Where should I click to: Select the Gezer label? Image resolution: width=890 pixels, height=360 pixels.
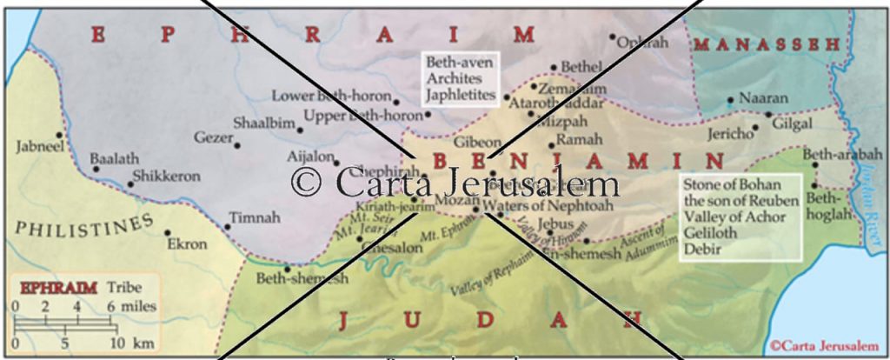click(x=213, y=137)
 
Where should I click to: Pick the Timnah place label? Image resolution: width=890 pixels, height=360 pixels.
click(x=250, y=217)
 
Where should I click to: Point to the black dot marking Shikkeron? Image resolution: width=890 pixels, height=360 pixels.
click(x=131, y=183)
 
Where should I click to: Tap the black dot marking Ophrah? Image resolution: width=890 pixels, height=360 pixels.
click(x=613, y=37)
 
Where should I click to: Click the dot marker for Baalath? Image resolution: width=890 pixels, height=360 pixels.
click(x=96, y=169)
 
